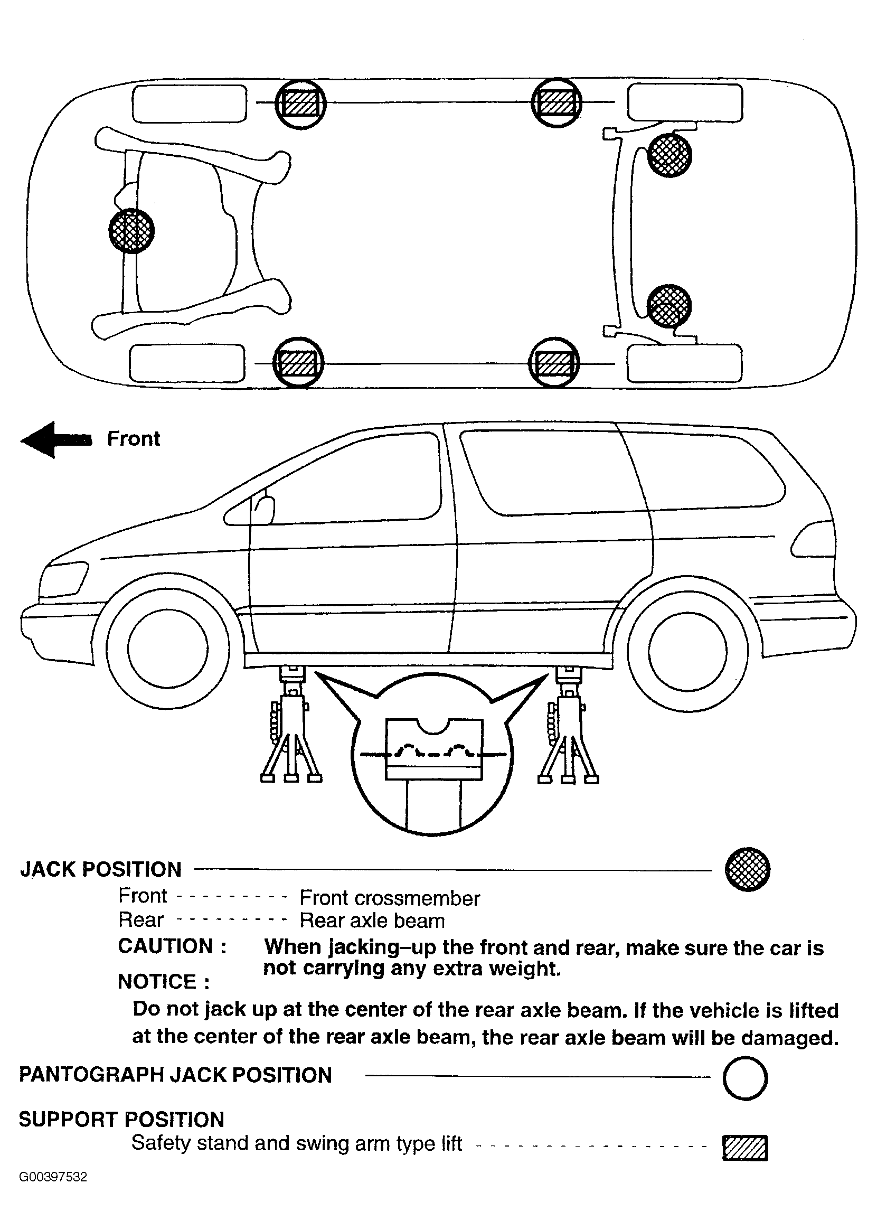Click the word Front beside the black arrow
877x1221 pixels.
[134, 439]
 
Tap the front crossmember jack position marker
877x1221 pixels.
[131, 231]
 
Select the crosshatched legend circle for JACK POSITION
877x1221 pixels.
[747, 869]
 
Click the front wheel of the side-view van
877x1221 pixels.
[167, 649]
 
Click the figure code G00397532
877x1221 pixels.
[53, 1191]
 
